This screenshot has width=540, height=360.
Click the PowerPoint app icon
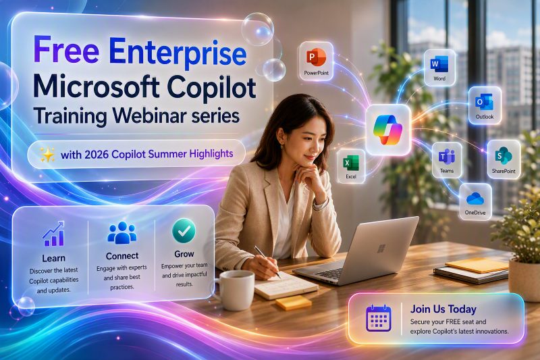(x=316, y=57)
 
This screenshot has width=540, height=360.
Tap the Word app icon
(x=439, y=64)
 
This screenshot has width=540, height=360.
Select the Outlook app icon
(x=484, y=102)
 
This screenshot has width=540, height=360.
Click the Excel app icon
(x=351, y=163)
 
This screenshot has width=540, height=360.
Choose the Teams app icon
(x=447, y=157)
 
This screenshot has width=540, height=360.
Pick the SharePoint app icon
(x=504, y=156)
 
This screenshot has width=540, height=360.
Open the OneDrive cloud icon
(x=475, y=199)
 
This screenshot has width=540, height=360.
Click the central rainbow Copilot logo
(x=387, y=130)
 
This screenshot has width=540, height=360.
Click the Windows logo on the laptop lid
(x=381, y=249)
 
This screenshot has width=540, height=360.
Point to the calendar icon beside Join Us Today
(x=378, y=318)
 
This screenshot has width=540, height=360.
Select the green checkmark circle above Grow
(x=184, y=231)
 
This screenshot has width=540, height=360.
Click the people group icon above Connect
(x=122, y=233)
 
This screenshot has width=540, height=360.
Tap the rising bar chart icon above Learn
(x=54, y=234)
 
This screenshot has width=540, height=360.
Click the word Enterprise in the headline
(x=178, y=52)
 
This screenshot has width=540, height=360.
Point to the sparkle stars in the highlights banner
(x=47, y=155)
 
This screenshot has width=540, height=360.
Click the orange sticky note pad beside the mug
(x=294, y=303)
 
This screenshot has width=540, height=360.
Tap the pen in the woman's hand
(x=267, y=262)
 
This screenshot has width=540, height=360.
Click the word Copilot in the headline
(x=211, y=87)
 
